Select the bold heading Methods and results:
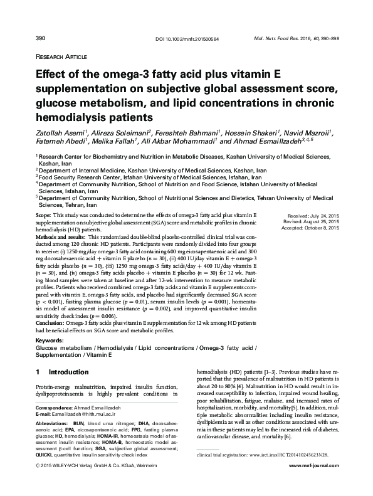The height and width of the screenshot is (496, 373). point(61,238)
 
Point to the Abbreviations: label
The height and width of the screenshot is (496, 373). point(53,425)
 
